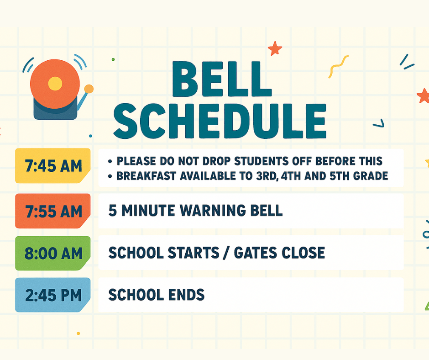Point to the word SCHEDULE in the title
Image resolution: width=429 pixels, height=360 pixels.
click(x=220, y=121)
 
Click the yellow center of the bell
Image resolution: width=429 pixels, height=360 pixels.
click(x=55, y=84)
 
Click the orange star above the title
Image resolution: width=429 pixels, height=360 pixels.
click(x=275, y=48)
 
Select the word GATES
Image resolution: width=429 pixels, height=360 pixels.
click(x=255, y=253)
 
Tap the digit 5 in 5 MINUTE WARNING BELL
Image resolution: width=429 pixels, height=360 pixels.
click(x=112, y=211)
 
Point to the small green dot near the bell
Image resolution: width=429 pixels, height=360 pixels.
click(x=113, y=59)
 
